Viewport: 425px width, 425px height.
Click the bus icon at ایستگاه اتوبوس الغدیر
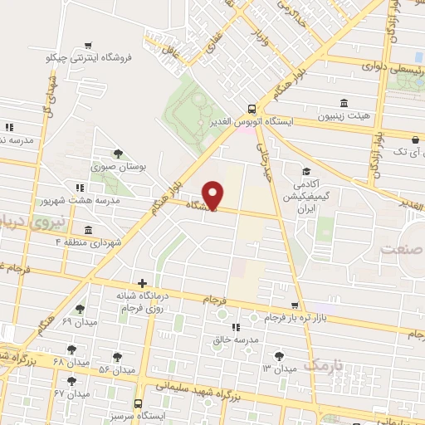[x=252, y=108]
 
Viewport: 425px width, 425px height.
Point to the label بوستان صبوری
[x=120, y=167]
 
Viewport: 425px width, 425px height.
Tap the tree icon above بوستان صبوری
[x=119, y=154]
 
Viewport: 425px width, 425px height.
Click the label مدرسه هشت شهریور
[x=80, y=201]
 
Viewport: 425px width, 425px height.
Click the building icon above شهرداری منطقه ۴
[x=88, y=229]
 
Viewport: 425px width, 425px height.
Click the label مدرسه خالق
[x=236, y=340]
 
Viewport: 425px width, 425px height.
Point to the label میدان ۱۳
[x=279, y=368]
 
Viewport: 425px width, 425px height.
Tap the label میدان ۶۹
[x=79, y=321]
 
